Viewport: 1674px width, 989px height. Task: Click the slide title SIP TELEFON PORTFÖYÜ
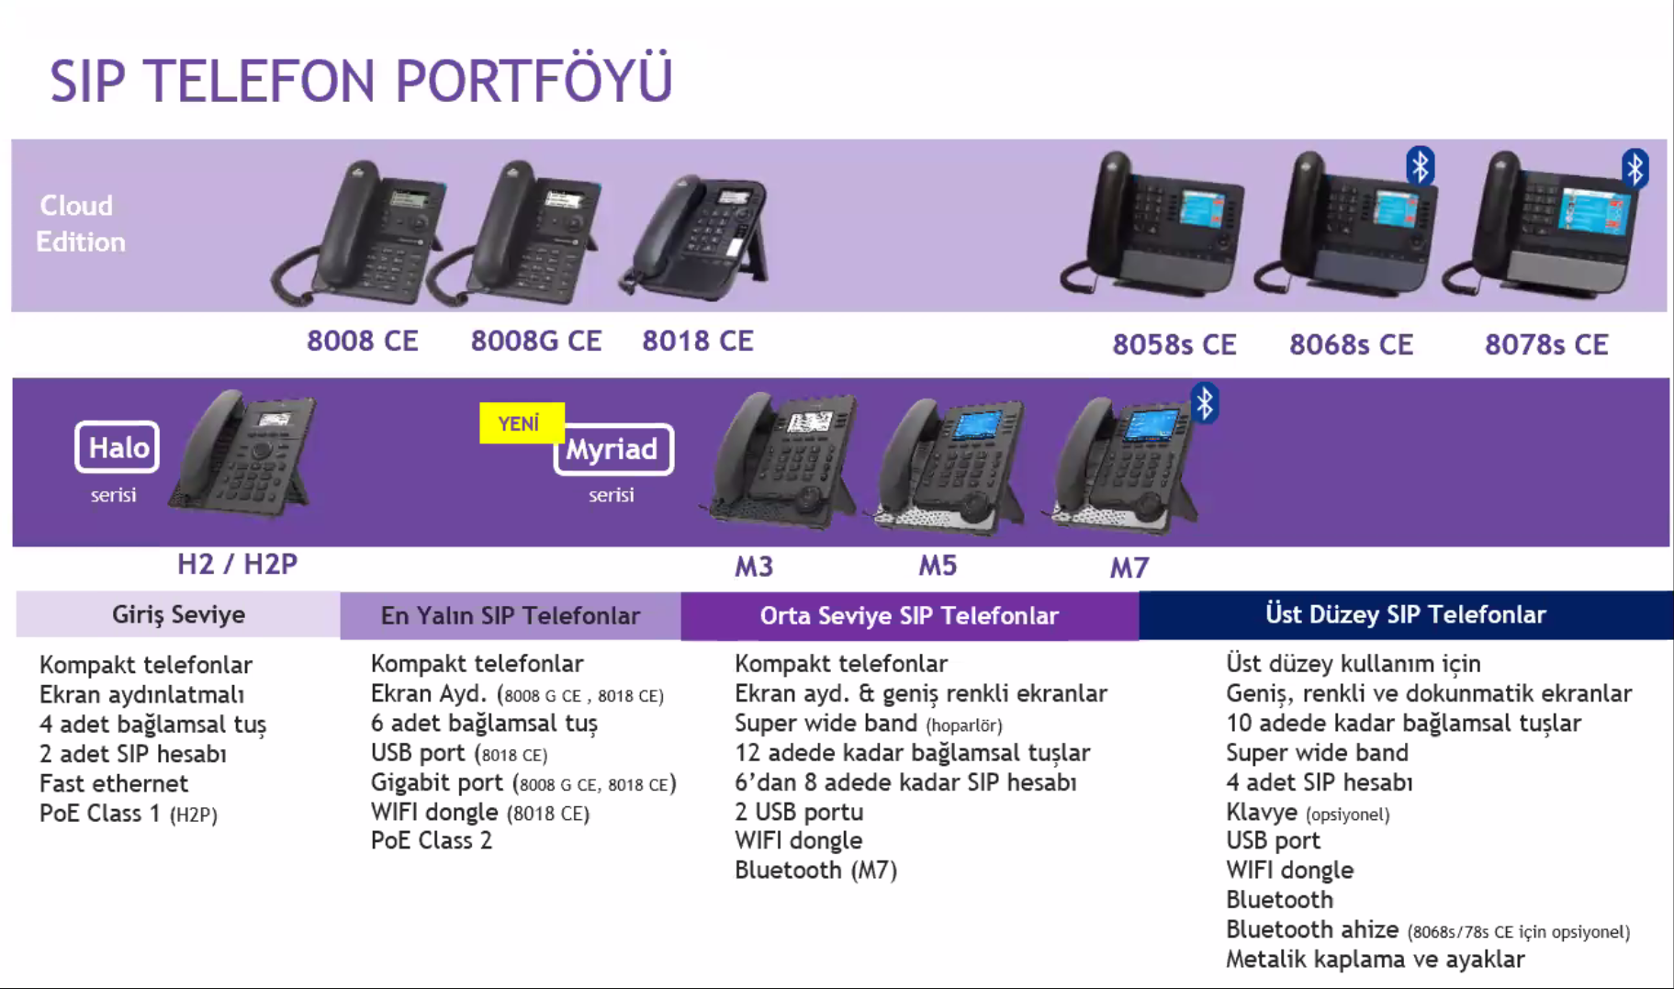click(361, 80)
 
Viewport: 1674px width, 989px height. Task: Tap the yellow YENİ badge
click(520, 423)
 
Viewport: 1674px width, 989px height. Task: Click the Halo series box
click(118, 447)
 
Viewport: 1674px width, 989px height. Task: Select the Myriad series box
click(612, 449)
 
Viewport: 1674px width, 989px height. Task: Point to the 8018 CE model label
click(697, 341)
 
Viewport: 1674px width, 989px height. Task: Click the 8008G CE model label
click(535, 341)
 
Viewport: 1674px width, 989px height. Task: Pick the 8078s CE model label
click(1546, 344)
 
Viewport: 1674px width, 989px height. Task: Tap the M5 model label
click(938, 566)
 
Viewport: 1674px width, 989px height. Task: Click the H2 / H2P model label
click(237, 564)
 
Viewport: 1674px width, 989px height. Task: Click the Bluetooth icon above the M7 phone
click(1205, 403)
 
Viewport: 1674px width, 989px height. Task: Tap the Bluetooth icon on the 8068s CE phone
click(1420, 166)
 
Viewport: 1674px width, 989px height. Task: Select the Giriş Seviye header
click(178, 614)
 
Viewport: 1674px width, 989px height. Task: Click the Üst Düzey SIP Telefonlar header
click(1405, 614)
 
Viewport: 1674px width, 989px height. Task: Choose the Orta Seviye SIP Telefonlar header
click(909, 615)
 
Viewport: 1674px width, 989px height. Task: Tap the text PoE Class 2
click(432, 841)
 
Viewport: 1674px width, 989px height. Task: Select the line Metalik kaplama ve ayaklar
click(1375, 960)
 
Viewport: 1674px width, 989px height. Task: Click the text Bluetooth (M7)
click(815, 871)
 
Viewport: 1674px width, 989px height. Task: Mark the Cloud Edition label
click(80, 223)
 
